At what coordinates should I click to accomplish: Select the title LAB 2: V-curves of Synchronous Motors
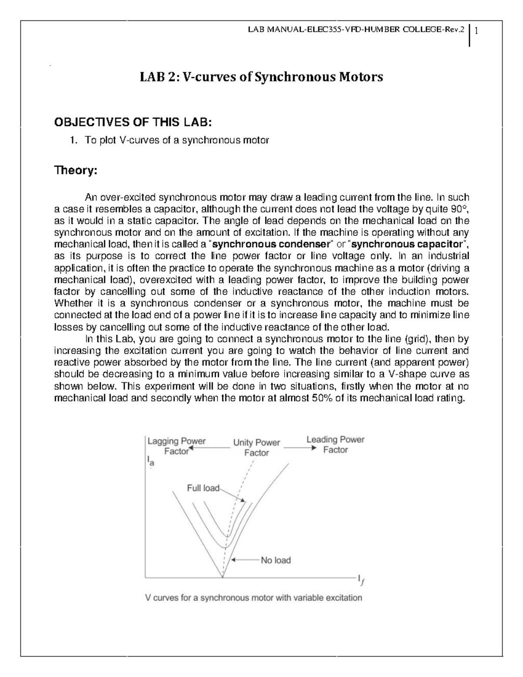coord(261,77)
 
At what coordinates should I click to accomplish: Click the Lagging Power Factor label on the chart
coord(177,446)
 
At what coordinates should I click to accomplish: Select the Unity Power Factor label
coord(256,447)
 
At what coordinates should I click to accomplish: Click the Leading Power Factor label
coord(335,444)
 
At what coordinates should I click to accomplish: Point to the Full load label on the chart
coord(203,488)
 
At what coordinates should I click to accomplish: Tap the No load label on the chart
coord(275,560)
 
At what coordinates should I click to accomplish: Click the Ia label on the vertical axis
coord(150,461)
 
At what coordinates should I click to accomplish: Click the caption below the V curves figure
coord(253,598)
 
